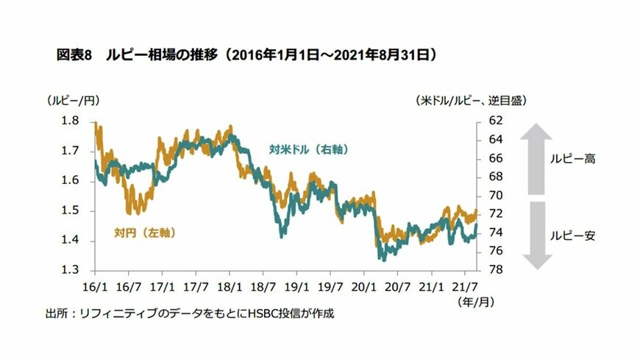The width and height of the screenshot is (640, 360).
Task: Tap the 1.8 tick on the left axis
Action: [72, 121]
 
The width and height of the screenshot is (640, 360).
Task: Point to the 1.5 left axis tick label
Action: [72, 211]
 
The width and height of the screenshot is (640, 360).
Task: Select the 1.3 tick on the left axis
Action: [72, 270]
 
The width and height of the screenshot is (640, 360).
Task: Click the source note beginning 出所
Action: [189, 314]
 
